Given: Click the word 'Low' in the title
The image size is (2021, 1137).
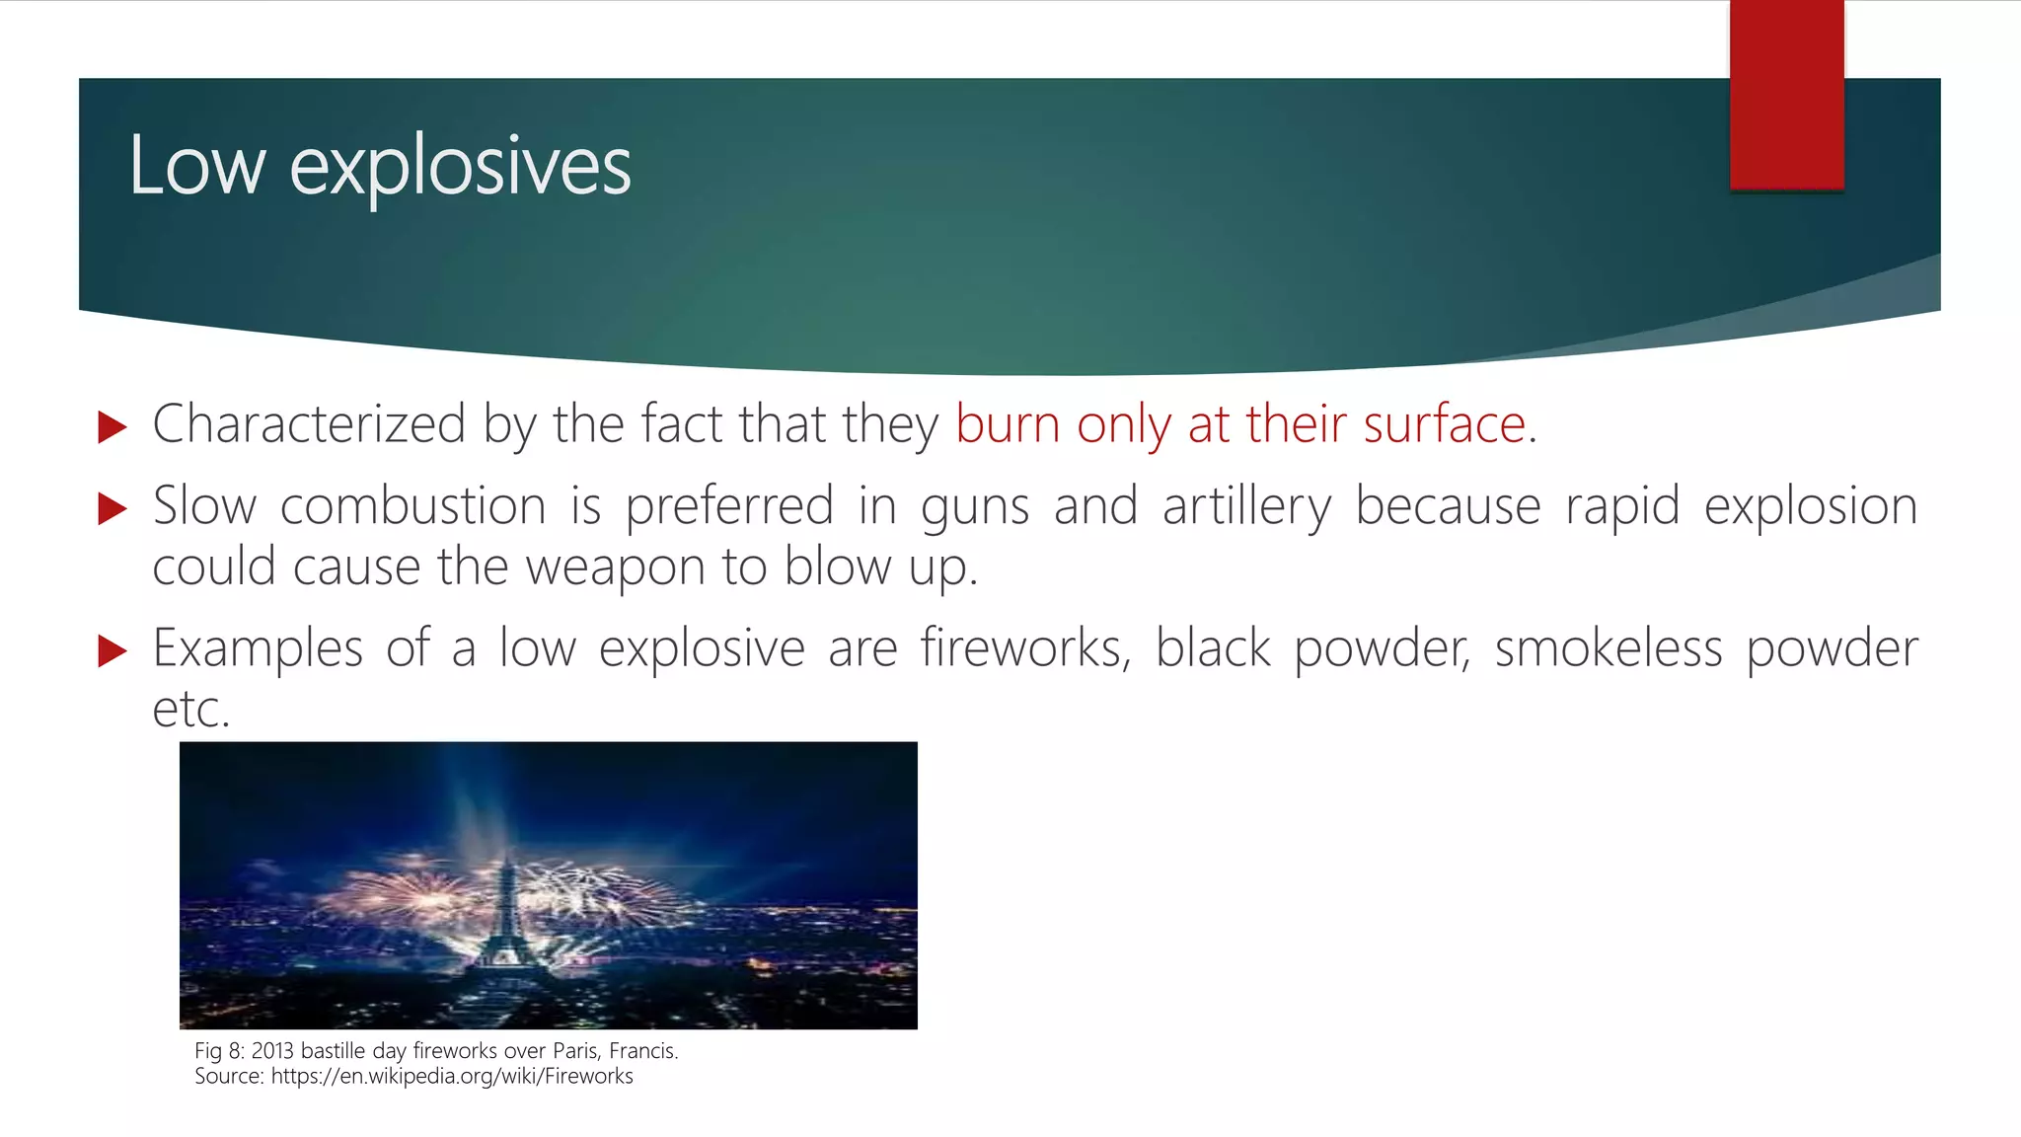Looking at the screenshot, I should coord(197,166).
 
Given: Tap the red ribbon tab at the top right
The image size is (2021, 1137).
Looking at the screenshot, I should coord(1786,94).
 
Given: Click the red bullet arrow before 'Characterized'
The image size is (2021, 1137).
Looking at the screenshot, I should coord(112,427).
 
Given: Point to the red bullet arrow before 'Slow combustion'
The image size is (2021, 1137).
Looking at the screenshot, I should coord(112,509).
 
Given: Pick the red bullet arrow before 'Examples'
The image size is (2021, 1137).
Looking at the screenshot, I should coord(112,651).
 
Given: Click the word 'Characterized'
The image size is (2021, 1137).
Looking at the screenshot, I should coord(309,424).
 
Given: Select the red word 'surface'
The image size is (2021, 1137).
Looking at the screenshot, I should coord(1445,424).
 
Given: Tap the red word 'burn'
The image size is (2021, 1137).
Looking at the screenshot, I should coord(1008,424).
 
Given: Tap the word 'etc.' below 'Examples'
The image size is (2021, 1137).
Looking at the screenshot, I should coord(191,709).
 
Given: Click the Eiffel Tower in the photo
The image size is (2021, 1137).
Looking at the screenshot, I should coord(506,913).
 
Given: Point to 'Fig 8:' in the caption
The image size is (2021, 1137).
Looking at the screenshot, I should coord(219,1051).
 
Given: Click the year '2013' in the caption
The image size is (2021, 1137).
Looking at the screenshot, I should coord(273,1051).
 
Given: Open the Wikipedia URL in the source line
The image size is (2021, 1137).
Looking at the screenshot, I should coord(452,1077).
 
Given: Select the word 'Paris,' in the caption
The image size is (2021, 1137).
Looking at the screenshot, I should coord(576,1051).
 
